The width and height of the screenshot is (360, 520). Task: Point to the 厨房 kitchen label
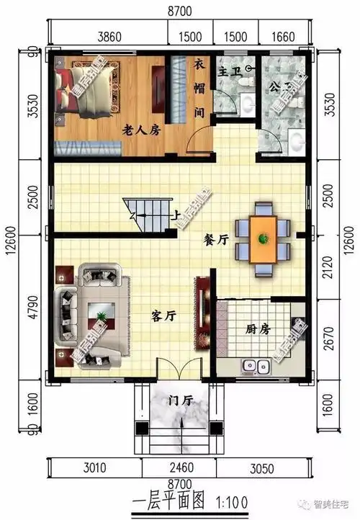(x=257, y=328)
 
